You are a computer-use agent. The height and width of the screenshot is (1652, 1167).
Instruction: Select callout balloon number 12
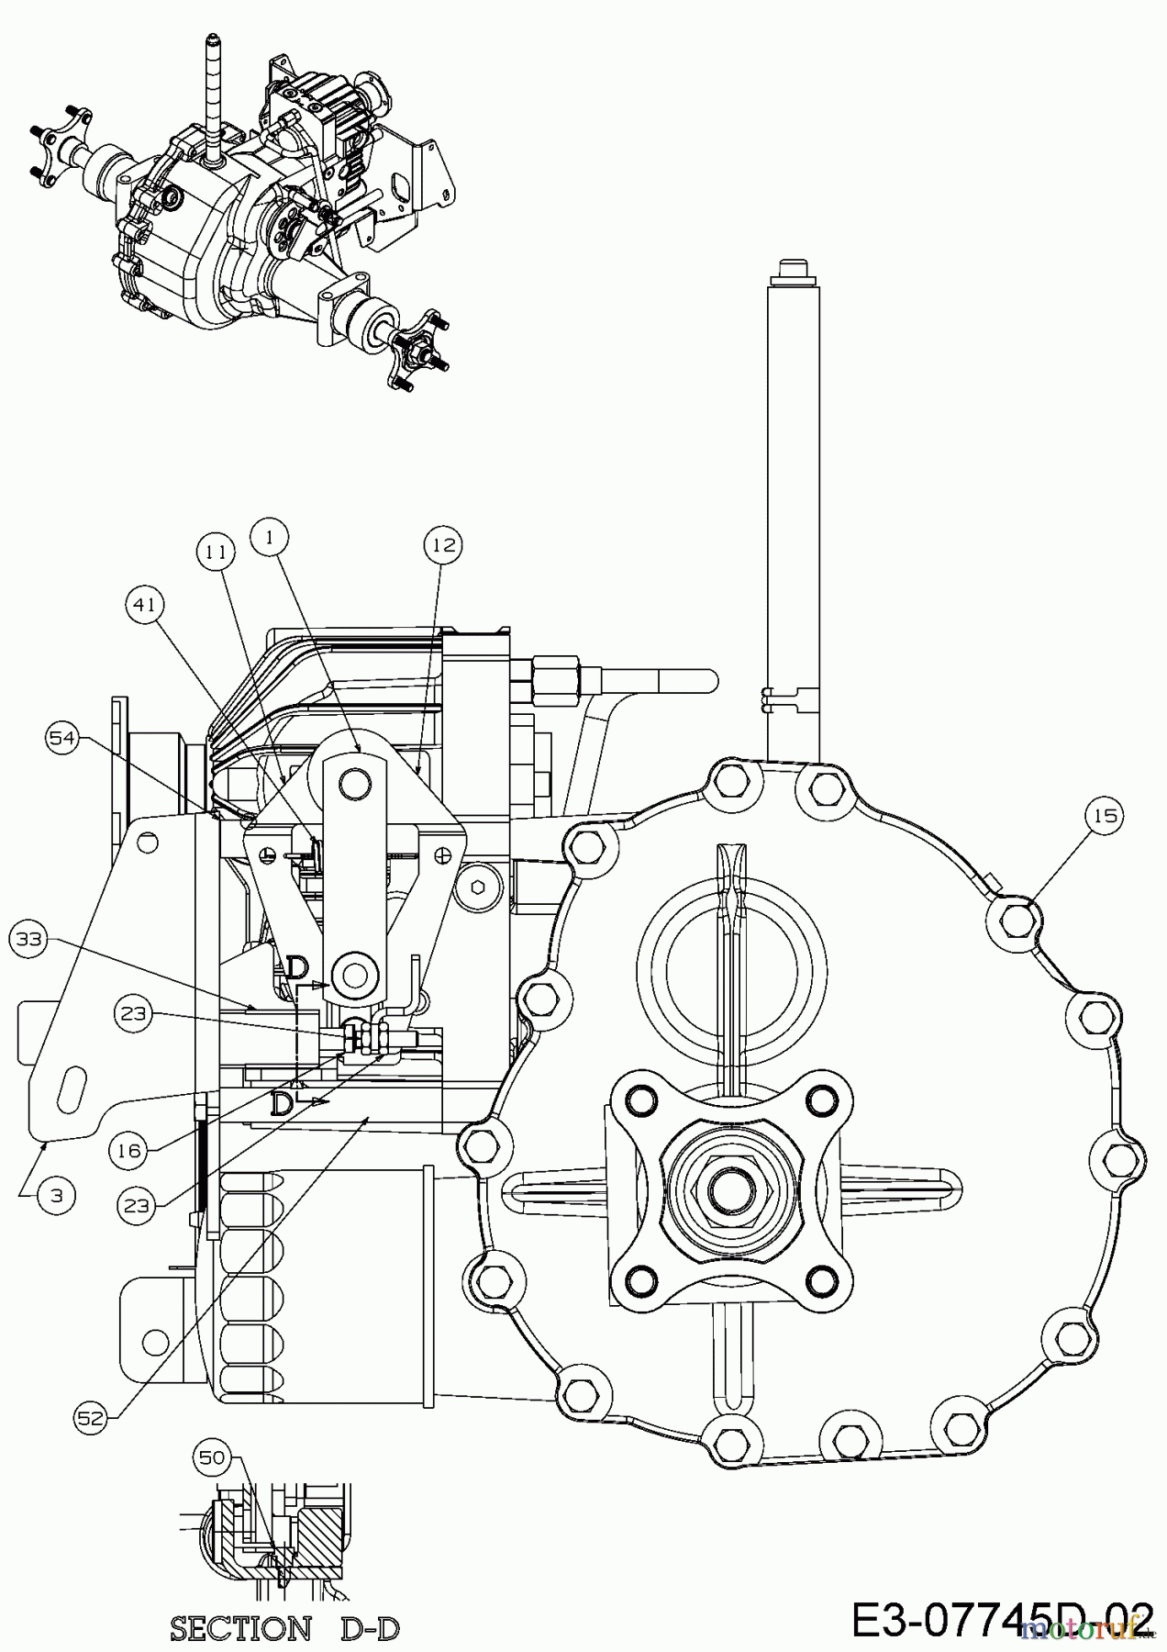coord(444,544)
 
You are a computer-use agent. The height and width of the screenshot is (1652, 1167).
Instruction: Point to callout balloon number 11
coord(216,552)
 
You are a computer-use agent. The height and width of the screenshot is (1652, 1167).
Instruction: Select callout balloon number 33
coord(29,939)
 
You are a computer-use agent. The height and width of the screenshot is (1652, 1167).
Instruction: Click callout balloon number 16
coord(129,1150)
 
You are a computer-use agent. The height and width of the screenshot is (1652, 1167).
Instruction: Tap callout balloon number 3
coord(58,1196)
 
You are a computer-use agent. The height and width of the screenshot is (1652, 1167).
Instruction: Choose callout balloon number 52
coord(92,1417)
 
